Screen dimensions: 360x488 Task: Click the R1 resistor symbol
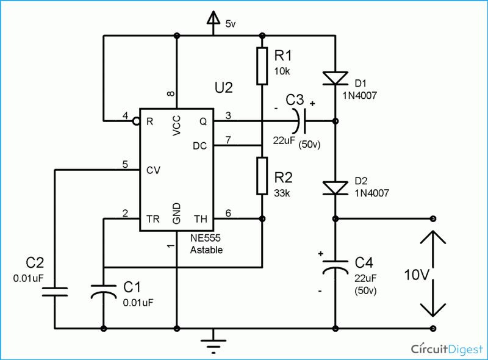coord(262,65)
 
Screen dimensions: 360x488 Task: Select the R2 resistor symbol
coord(262,176)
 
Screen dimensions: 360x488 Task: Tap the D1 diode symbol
coord(335,77)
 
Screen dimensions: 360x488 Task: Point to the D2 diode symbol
coord(335,188)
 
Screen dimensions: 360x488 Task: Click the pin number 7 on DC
coord(227,140)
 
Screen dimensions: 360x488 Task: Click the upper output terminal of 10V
coord(433,218)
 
